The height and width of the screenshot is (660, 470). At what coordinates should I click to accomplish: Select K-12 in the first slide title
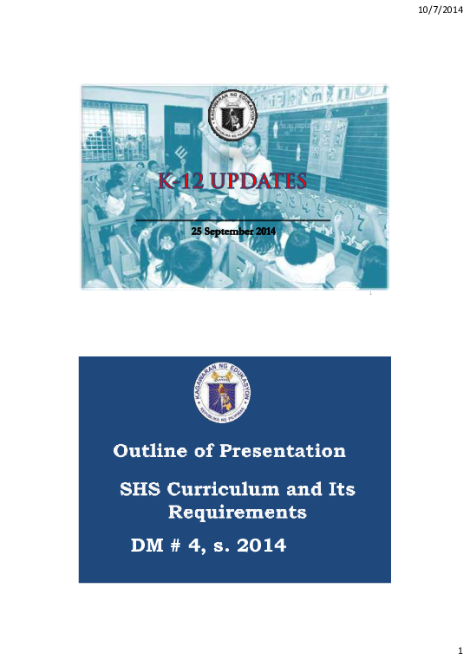tap(180, 182)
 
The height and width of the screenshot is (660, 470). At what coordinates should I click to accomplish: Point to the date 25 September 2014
tap(232, 229)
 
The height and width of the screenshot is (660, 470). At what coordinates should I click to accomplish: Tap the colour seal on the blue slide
tap(234, 395)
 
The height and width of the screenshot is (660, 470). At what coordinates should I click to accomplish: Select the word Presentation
tap(283, 451)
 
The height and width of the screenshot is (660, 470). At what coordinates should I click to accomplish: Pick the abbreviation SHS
tap(141, 490)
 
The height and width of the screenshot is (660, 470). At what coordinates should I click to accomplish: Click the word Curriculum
tap(230, 490)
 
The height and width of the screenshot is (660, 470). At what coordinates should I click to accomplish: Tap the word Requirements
tap(237, 513)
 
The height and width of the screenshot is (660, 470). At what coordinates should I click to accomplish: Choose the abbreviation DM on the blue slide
tap(147, 546)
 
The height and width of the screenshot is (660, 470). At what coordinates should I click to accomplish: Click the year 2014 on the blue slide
tap(261, 546)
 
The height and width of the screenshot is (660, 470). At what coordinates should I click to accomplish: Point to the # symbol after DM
tap(178, 546)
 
